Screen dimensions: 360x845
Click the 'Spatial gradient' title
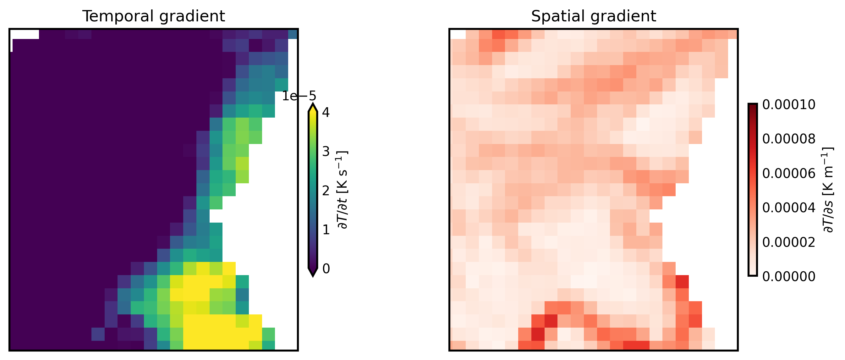pyautogui.click(x=593, y=16)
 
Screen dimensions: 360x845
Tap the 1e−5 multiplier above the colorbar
pyautogui.click(x=299, y=96)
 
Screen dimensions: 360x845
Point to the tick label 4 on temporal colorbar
pyautogui.click(x=326, y=112)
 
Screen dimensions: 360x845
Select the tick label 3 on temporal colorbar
pyautogui.click(x=326, y=152)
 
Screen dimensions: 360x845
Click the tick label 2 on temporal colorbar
pyautogui.click(x=326, y=191)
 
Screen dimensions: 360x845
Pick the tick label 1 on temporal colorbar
pyautogui.click(x=326, y=230)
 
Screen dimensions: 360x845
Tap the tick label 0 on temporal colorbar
pyautogui.click(x=326, y=269)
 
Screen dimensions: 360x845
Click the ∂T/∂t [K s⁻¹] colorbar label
pyautogui.click(x=343, y=190)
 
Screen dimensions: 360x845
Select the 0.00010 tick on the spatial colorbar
pyautogui.click(x=788, y=105)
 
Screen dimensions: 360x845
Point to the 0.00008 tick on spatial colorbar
pyautogui.click(x=788, y=139)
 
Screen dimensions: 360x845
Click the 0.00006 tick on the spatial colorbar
pyautogui.click(x=788, y=173)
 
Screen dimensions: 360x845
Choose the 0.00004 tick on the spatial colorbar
pyautogui.click(x=788, y=208)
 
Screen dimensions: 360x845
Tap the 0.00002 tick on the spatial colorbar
pyautogui.click(x=788, y=242)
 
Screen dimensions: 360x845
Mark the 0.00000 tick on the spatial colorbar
pyautogui.click(x=788, y=277)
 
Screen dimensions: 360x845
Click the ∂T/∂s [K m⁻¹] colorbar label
pyautogui.click(x=828, y=190)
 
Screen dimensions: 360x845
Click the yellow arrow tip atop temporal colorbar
pyautogui.click(x=313, y=108)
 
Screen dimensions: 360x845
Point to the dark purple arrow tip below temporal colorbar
pyautogui.click(x=313, y=272)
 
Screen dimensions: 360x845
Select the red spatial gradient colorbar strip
pyautogui.click(x=753, y=190)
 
